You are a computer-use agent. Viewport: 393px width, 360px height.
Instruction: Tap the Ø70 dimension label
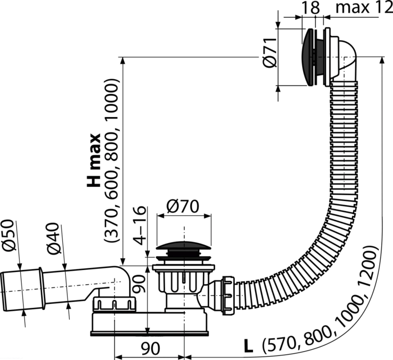tap(183, 207)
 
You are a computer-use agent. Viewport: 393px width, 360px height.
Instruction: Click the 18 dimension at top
tap(311, 7)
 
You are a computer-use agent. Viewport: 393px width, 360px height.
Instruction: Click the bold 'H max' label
tap(93, 160)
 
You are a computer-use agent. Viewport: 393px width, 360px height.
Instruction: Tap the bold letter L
tap(249, 347)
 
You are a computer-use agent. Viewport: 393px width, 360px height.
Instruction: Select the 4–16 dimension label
tap(139, 225)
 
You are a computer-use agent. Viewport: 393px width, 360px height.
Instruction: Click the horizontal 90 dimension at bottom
tap(150, 349)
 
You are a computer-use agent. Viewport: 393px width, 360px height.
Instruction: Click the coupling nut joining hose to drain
tap(228, 295)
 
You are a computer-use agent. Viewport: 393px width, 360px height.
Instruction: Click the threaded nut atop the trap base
tap(114, 304)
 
